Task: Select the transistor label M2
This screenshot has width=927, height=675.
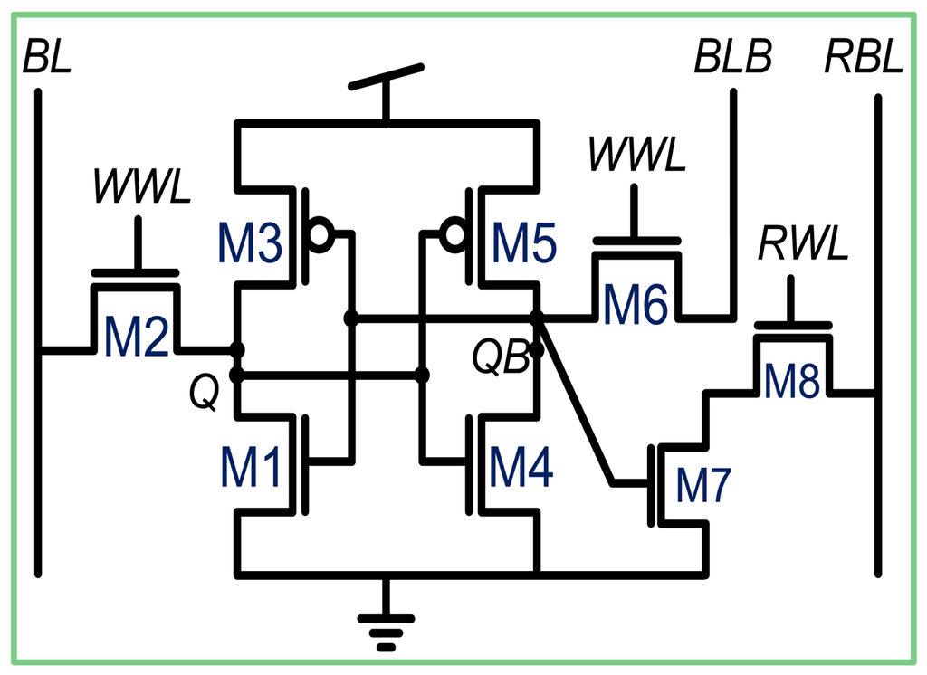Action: pyautogui.click(x=137, y=337)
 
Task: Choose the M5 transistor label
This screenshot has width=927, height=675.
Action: pyautogui.click(x=525, y=244)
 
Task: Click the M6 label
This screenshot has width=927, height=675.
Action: pyautogui.click(x=636, y=305)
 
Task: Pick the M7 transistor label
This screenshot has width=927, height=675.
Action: pyautogui.click(x=703, y=488)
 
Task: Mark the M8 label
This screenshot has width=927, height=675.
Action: pyautogui.click(x=792, y=382)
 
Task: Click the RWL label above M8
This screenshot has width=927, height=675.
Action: pyautogui.click(x=792, y=244)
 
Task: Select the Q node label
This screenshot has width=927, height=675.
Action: pyautogui.click(x=205, y=394)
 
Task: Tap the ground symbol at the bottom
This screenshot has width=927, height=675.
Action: pyautogui.click(x=386, y=624)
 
